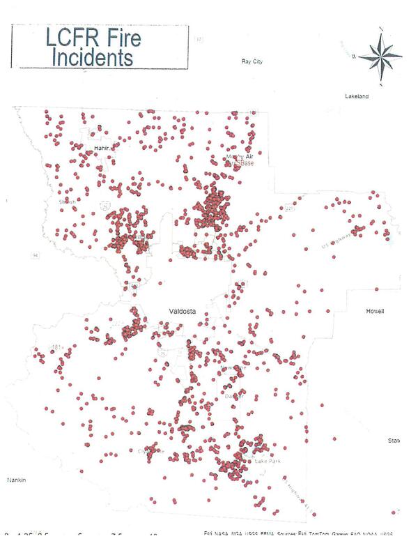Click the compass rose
click(380, 56)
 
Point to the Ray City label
click(251, 62)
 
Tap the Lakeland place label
click(357, 96)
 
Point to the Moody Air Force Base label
click(240, 160)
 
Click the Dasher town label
click(230, 396)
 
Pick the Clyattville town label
click(152, 450)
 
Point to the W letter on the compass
click(355, 56)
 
